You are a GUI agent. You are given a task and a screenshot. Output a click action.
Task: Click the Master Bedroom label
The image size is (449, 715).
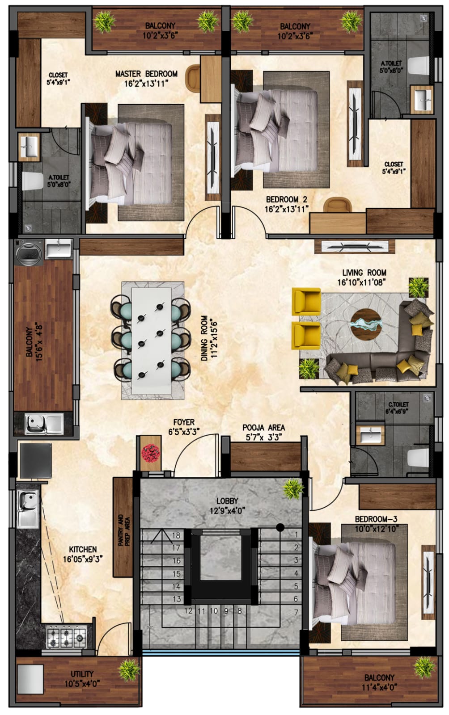[x=146, y=74]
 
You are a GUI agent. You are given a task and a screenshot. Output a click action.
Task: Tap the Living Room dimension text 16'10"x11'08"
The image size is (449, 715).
[x=361, y=282]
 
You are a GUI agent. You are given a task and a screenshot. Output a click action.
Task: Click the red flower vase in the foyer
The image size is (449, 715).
[x=151, y=453]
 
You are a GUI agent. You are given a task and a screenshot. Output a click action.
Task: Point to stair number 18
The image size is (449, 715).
[x=176, y=535]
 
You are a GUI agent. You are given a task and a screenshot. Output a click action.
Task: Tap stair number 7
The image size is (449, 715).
[x=296, y=612]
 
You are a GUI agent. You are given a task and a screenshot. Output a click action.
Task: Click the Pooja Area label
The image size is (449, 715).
[x=263, y=427]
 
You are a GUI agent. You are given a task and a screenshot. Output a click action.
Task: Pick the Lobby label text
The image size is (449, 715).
[x=227, y=501]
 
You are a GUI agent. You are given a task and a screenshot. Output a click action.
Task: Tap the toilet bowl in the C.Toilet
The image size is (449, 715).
[x=418, y=458]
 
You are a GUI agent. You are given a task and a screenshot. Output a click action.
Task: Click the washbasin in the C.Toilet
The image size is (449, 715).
[x=370, y=434]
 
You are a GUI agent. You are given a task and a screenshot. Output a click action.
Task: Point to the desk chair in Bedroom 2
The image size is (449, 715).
[x=338, y=205]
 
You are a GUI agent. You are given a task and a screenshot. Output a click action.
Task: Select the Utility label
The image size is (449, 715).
[x=82, y=674]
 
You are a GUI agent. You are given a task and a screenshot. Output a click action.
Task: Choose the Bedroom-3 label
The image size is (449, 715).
[x=376, y=519]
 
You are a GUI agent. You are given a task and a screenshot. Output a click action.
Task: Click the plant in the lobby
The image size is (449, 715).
[x=293, y=489]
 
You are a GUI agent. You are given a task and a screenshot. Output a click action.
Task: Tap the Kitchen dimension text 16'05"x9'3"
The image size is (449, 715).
[x=82, y=559]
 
